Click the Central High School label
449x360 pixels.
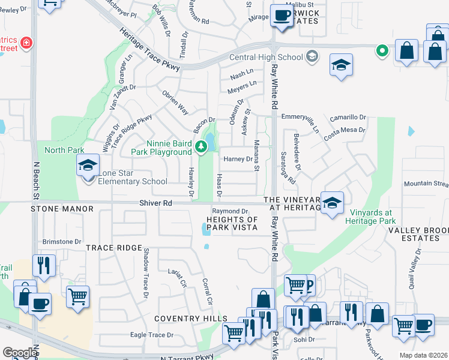pos(267,58)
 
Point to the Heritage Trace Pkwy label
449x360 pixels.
pos(149,52)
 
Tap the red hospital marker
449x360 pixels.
pos(26,43)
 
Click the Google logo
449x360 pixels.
pos(20,353)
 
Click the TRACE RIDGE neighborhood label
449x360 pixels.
pos(108,248)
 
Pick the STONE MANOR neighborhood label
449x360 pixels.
pos(63,209)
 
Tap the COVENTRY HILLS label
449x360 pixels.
pos(191,319)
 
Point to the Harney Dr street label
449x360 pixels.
pos(238,159)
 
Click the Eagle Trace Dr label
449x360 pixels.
pos(152,335)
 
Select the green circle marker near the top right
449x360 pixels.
pos(381,51)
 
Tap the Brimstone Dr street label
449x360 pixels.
pos(62,242)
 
